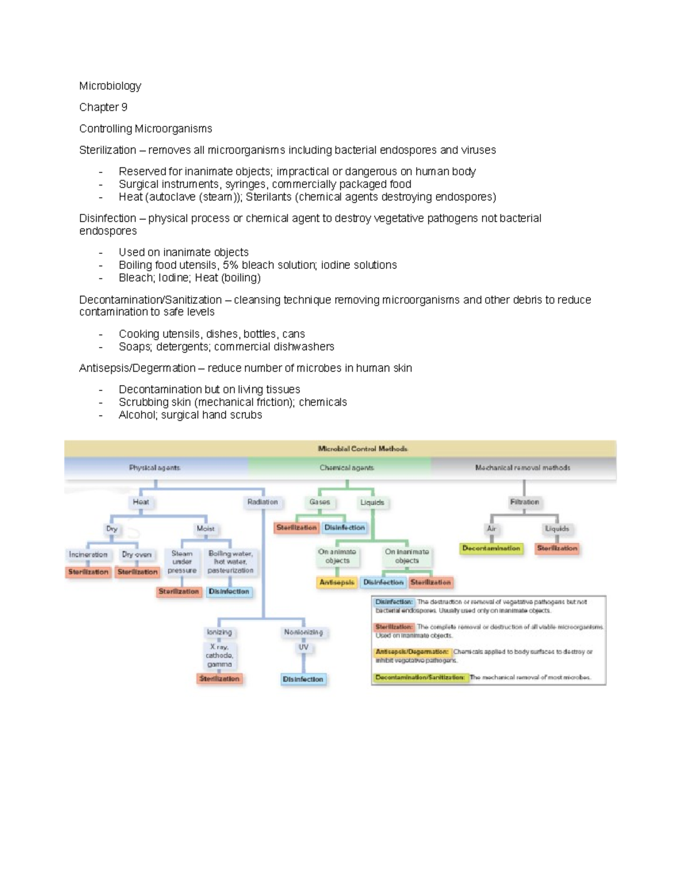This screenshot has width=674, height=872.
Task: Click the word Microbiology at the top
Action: click(x=110, y=86)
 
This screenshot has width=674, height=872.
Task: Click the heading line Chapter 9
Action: click(x=103, y=107)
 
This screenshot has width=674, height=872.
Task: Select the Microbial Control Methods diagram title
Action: click(x=362, y=449)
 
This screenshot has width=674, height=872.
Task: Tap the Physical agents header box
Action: click(x=155, y=468)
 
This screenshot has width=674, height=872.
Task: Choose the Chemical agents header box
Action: click(x=347, y=468)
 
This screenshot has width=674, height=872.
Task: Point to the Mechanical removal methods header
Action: click(x=522, y=468)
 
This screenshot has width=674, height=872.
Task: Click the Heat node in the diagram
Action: click(x=141, y=502)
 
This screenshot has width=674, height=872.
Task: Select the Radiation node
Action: click(x=262, y=502)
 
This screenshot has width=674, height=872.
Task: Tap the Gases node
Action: click(x=320, y=502)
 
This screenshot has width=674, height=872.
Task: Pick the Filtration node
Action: click(x=524, y=502)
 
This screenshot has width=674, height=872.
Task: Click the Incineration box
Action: click(x=88, y=555)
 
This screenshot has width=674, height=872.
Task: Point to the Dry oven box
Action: click(x=137, y=555)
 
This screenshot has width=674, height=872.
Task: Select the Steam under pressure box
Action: click(x=182, y=561)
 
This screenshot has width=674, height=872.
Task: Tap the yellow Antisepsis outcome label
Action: click(x=337, y=582)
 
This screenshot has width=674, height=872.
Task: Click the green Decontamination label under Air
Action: click(x=491, y=548)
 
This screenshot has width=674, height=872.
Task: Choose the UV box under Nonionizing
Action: click(x=303, y=647)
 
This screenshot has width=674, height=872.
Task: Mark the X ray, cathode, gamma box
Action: click(x=219, y=655)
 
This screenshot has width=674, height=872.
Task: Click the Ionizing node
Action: click(x=219, y=632)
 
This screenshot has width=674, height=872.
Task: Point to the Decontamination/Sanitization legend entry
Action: click(x=420, y=677)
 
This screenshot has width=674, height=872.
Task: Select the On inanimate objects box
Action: click(x=407, y=556)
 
